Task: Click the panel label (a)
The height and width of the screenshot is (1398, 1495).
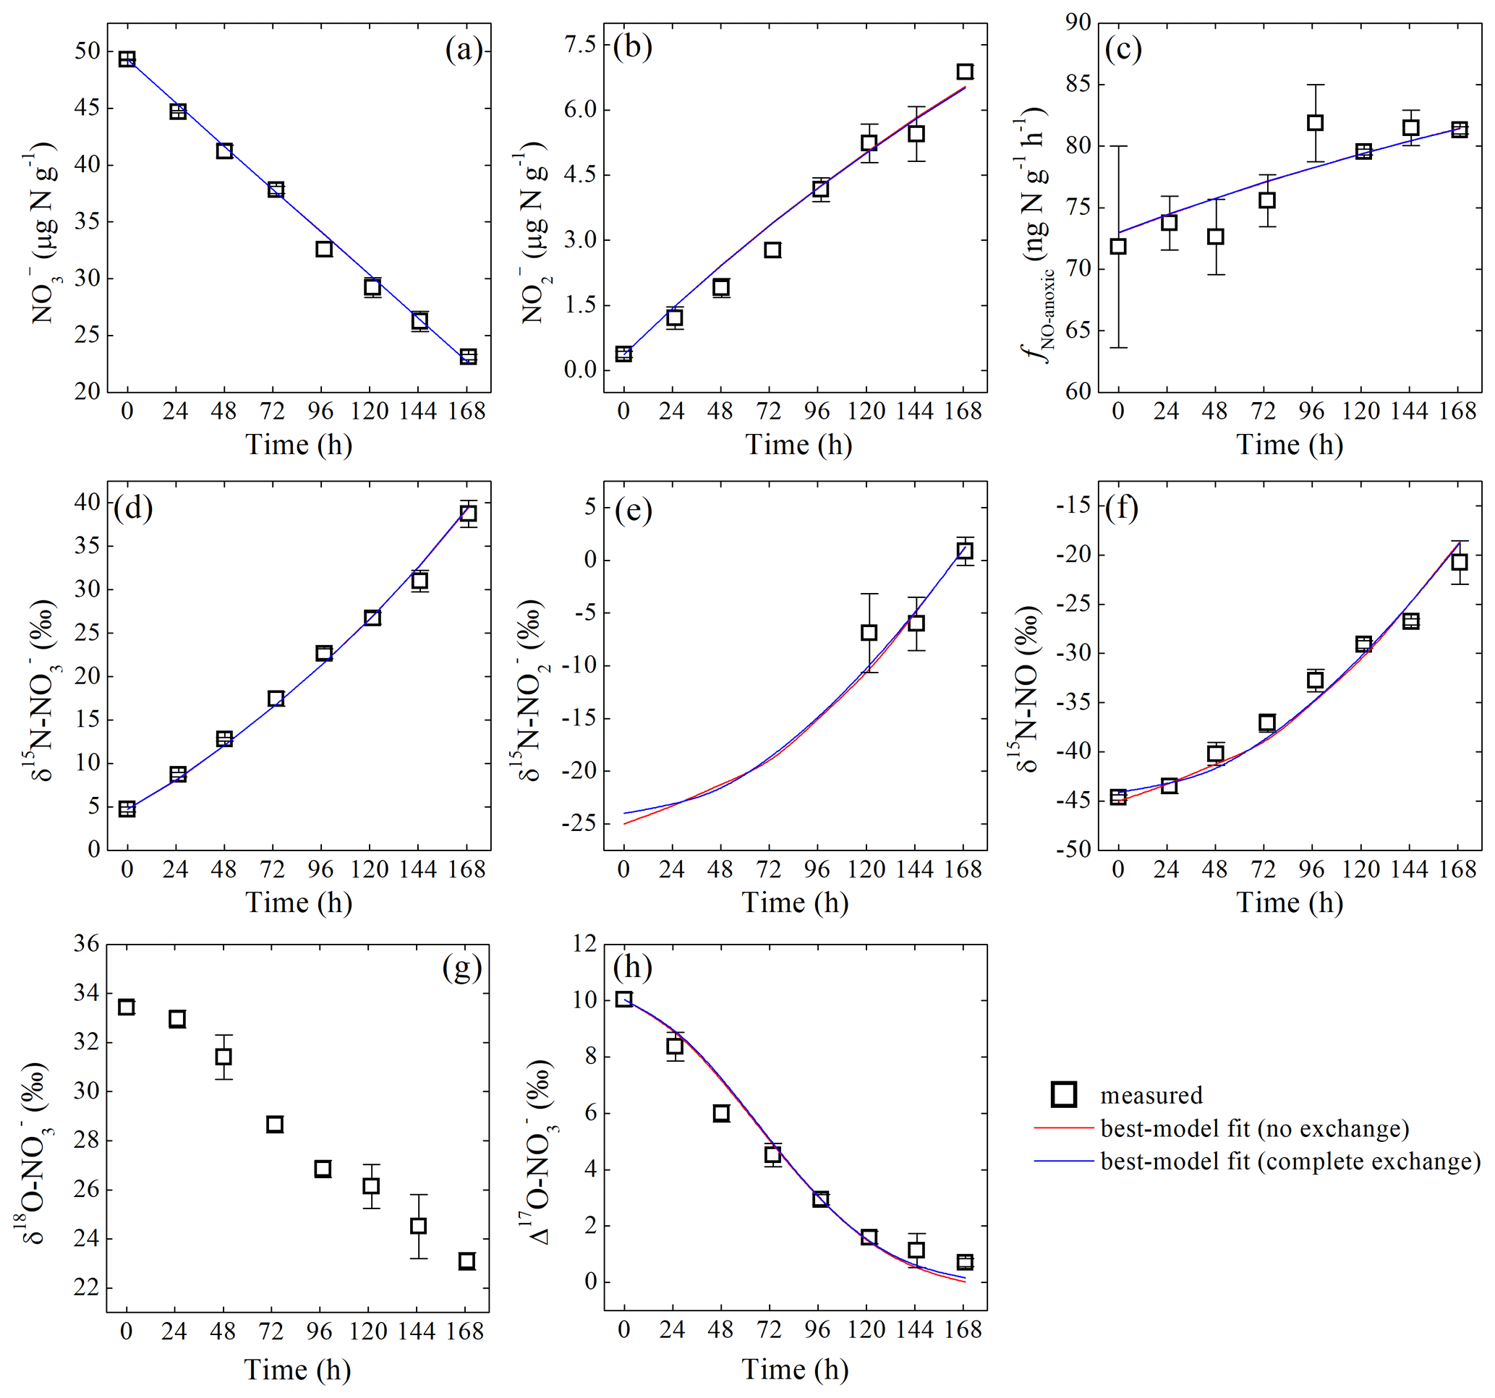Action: [x=463, y=51]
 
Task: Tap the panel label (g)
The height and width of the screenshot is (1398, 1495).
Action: [x=461, y=968]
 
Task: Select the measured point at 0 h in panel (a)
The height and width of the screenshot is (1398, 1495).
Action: [x=127, y=59]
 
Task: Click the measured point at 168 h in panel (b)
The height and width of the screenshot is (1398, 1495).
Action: [x=965, y=72]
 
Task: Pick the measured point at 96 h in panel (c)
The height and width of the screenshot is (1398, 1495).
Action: [x=1314, y=122]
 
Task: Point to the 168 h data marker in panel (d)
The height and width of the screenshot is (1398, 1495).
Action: [x=468, y=513]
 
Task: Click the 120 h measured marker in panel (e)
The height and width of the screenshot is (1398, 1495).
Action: [x=869, y=632]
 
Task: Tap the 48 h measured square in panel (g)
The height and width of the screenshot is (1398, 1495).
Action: [x=223, y=1057]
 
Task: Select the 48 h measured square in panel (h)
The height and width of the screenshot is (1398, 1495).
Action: [x=721, y=1113]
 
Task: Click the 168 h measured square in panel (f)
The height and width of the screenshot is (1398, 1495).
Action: [x=1459, y=562]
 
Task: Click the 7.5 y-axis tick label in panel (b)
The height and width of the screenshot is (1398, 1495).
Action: [x=580, y=44]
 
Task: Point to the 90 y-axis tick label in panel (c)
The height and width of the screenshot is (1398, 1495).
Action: [x=1078, y=22]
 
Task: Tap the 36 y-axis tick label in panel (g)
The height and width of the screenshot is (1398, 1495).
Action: [x=87, y=944]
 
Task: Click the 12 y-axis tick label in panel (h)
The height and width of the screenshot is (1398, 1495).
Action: [x=584, y=944]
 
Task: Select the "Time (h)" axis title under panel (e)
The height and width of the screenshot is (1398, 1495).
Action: [x=795, y=903]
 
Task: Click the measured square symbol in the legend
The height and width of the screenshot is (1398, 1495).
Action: [x=1064, y=1094]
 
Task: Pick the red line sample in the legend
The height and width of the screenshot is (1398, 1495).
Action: [x=1062, y=1128]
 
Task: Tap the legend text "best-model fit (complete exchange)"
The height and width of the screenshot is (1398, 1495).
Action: [x=1290, y=1161]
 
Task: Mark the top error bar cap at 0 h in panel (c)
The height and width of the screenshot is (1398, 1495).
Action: [x=1118, y=146]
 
